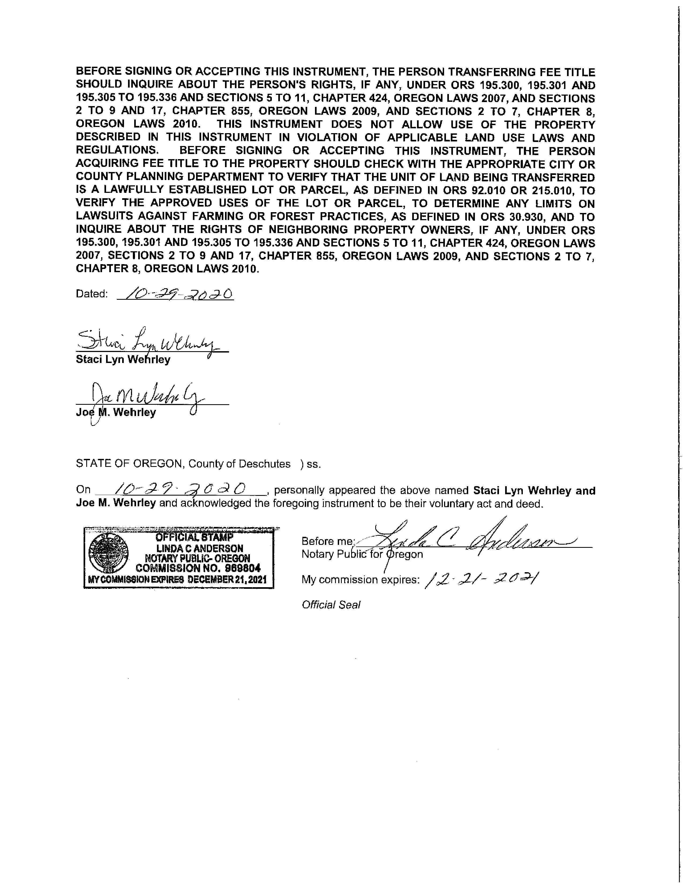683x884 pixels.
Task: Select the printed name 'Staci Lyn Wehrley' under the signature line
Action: pos(123,359)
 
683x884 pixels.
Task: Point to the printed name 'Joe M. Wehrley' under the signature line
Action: pos(116,413)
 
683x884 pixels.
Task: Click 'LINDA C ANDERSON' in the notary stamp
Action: pos(200,548)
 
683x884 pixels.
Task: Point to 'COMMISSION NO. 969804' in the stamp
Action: pos(198,567)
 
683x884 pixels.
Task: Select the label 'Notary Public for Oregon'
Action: pos(362,554)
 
